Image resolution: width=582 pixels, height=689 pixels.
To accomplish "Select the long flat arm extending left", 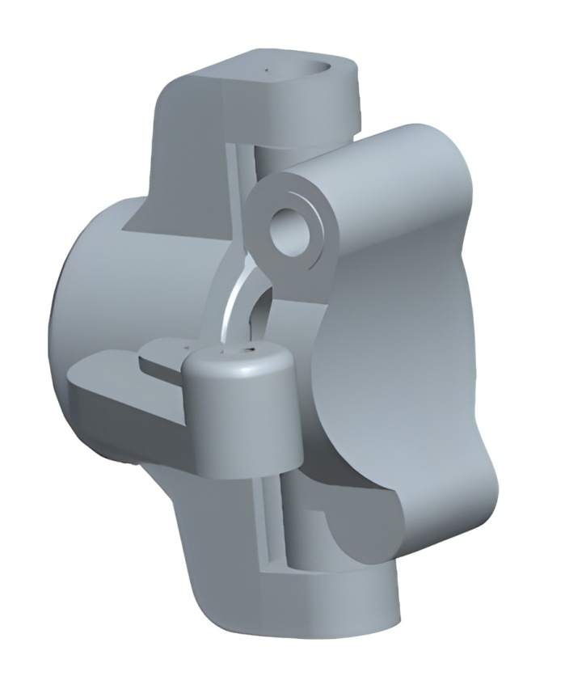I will coord(121,396).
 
